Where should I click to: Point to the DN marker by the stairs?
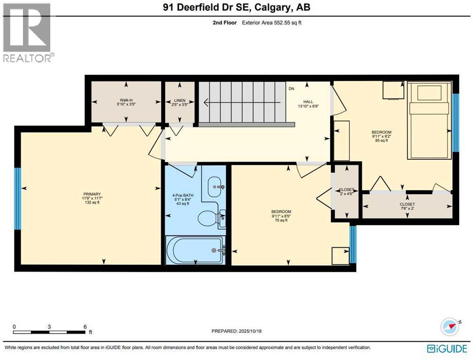[291, 89]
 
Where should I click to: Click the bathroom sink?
[217, 186]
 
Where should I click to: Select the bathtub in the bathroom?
[195, 250]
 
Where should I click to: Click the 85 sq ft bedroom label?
[381, 136]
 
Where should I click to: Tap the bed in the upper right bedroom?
[429, 120]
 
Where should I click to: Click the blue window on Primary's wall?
[18, 199]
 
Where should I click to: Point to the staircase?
[243, 104]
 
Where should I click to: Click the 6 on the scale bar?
[85, 326]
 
